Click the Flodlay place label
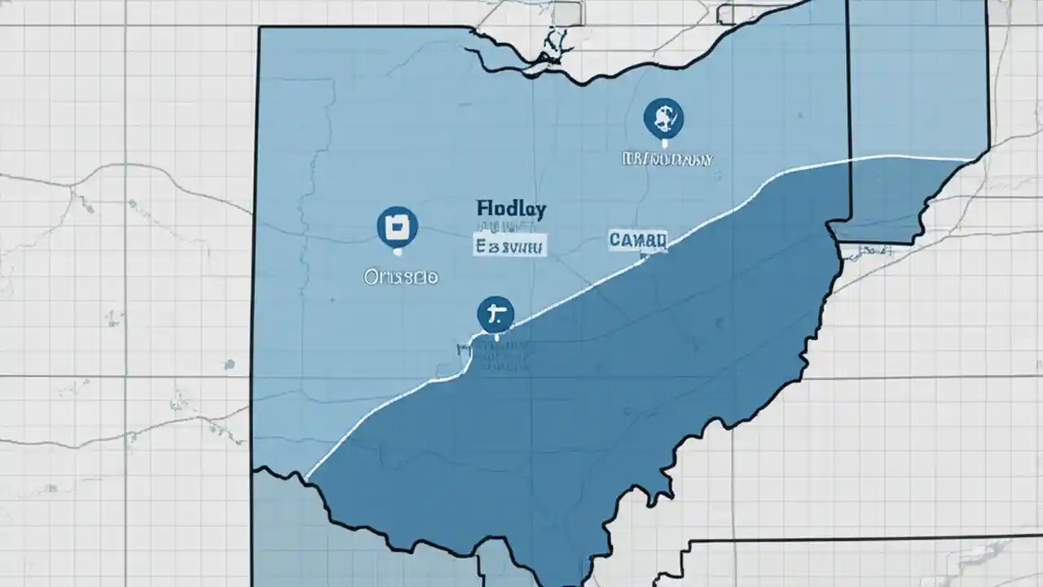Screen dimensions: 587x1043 pos(510,209)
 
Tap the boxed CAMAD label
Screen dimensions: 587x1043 pos(638,240)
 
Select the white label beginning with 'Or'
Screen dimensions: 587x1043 pos(400,277)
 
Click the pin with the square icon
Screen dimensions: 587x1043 pos(398,227)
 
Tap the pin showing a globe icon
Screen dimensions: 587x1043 pos(663,118)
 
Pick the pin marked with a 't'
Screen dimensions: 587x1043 pos(495,314)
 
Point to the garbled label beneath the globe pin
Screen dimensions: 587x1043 pos(667,158)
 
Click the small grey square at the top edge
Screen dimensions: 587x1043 pos(566,12)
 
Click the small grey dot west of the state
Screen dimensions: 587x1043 pos(230,364)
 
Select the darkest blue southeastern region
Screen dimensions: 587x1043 pos(570,408)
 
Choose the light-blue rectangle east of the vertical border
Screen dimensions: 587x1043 pos(917,82)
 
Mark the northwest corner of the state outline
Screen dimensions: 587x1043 pos(260,29)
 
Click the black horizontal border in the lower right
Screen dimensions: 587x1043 pos(856,539)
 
